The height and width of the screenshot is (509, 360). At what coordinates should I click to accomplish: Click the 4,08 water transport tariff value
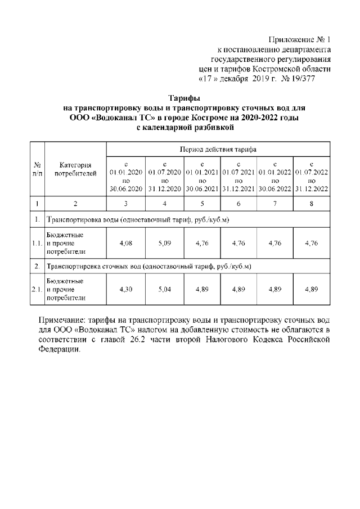(125, 244)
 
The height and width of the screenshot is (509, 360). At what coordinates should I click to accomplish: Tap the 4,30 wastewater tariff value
(125, 289)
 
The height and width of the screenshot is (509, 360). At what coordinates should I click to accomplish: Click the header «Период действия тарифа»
(218, 150)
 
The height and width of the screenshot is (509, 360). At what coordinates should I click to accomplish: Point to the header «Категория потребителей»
(75, 169)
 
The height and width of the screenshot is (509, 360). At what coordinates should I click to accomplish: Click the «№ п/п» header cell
(37, 169)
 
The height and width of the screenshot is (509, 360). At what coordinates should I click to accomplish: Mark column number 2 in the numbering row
(75, 203)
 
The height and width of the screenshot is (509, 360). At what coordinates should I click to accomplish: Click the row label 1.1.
(37, 244)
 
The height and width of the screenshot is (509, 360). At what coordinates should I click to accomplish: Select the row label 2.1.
(37, 289)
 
